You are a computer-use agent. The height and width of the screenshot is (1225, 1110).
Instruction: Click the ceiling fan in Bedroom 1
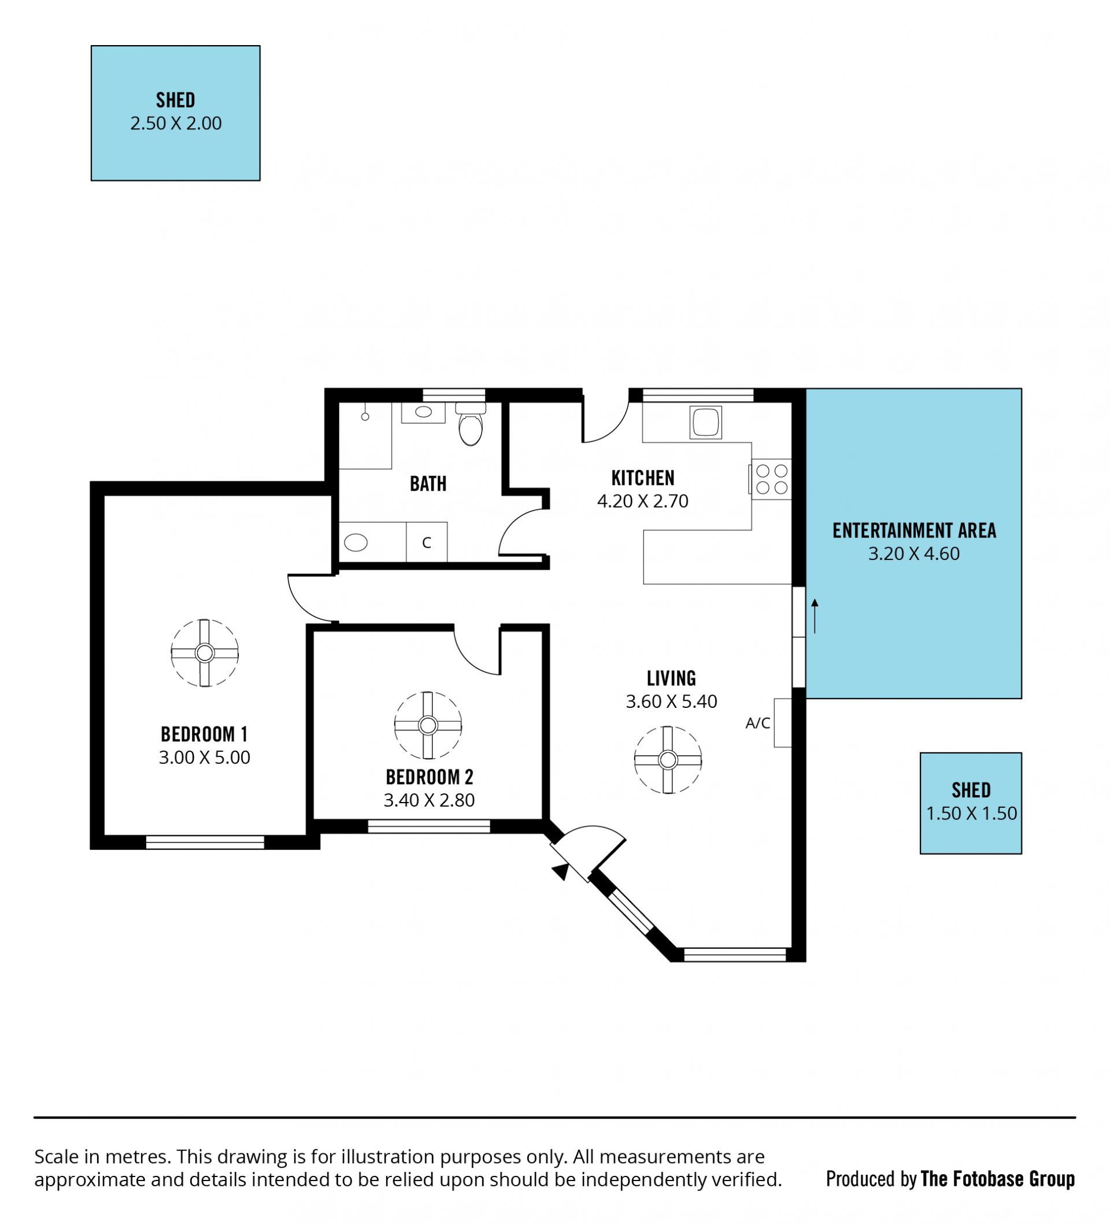(204, 653)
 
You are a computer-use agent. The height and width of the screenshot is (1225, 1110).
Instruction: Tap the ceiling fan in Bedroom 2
(428, 725)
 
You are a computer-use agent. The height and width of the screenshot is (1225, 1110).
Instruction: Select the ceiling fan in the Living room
(668, 759)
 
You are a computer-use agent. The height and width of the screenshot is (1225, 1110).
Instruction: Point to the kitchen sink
(705, 422)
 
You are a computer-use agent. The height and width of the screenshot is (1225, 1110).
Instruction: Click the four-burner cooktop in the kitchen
(770, 479)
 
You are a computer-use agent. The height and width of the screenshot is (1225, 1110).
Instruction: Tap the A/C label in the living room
(757, 723)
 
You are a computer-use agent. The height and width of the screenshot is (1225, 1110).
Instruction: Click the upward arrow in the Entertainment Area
(815, 615)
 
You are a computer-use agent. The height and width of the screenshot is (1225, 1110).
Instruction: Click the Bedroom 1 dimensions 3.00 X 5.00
(204, 757)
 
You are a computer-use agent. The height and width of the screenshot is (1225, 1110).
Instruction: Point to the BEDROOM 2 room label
(429, 777)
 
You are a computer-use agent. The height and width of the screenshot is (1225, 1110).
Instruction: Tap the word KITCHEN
(642, 478)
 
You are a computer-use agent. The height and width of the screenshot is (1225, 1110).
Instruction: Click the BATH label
(428, 484)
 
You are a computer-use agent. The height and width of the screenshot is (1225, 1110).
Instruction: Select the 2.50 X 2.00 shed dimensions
(176, 123)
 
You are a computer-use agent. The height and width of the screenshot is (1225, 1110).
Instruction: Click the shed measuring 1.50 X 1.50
(970, 803)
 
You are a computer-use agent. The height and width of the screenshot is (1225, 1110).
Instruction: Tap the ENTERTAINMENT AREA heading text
(913, 530)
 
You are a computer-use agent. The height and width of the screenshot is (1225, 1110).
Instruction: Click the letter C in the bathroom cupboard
(426, 543)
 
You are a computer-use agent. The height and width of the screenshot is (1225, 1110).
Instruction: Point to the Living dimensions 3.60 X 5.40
(671, 701)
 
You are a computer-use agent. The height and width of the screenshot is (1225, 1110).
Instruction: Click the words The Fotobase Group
(997, 1179)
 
